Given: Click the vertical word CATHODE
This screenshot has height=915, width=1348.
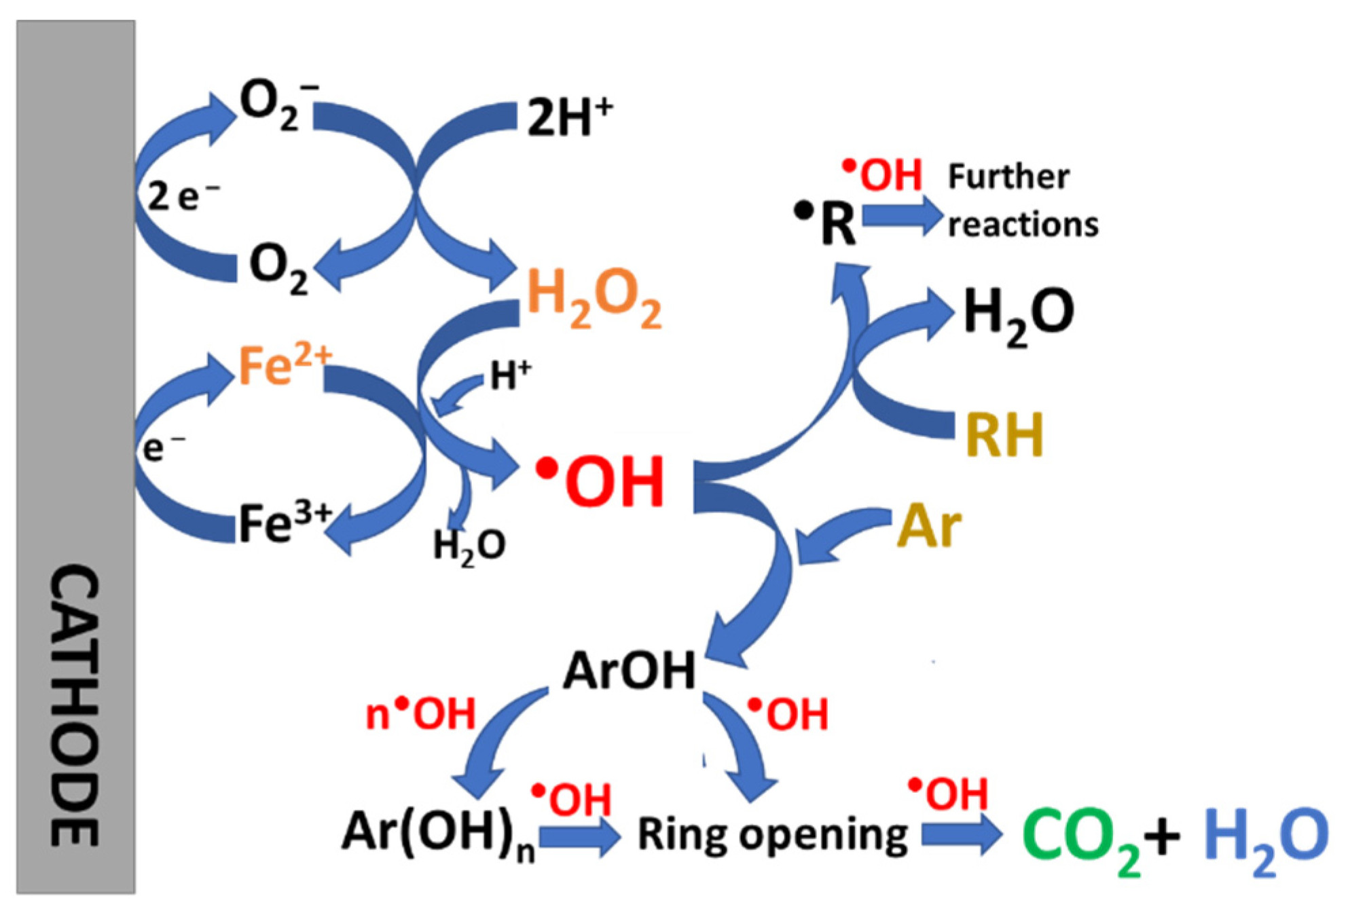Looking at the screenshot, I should (75, 706).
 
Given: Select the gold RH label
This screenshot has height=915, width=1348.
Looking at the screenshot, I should (1004, 435).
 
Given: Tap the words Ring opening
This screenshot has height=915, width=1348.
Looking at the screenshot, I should (772, 835).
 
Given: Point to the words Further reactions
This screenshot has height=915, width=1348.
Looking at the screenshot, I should (1022, 200).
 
